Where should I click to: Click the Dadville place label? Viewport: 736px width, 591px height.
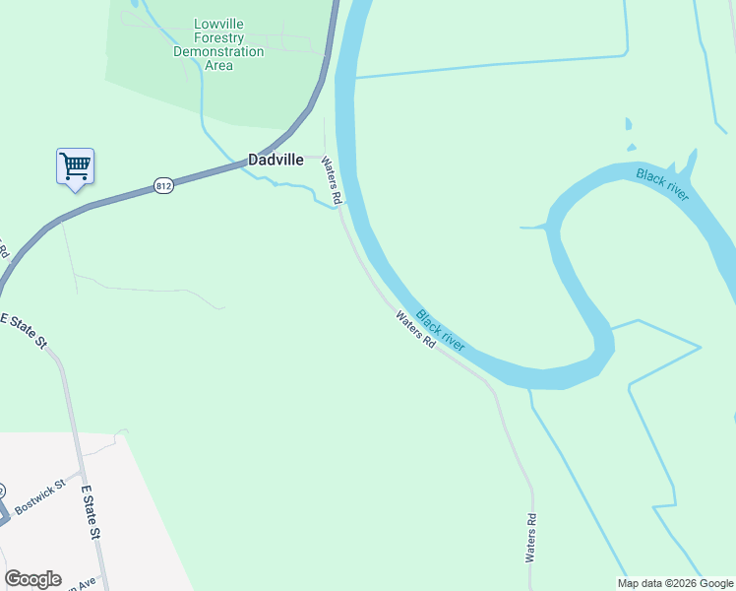click(276, 160)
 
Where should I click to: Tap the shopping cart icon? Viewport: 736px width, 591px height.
click(75, 165)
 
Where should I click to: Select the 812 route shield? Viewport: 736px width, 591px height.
click(164, 186)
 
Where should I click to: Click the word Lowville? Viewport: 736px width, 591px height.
click(218, 24)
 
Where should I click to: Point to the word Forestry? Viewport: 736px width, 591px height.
click(218, 37)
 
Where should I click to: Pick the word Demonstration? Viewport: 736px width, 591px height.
click(218, 51)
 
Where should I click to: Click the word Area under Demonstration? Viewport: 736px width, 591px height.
click(218, 65)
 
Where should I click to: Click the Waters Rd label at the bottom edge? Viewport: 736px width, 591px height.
click(531, 538)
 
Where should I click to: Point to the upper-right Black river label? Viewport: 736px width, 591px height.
click(662, 184)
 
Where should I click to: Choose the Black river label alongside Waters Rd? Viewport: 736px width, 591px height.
click(440, 331)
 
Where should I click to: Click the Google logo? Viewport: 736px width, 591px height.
click(32, 579)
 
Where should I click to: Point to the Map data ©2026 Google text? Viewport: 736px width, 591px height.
click(675, 583)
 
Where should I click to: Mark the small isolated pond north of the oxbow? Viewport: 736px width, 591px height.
click(628, 124)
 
